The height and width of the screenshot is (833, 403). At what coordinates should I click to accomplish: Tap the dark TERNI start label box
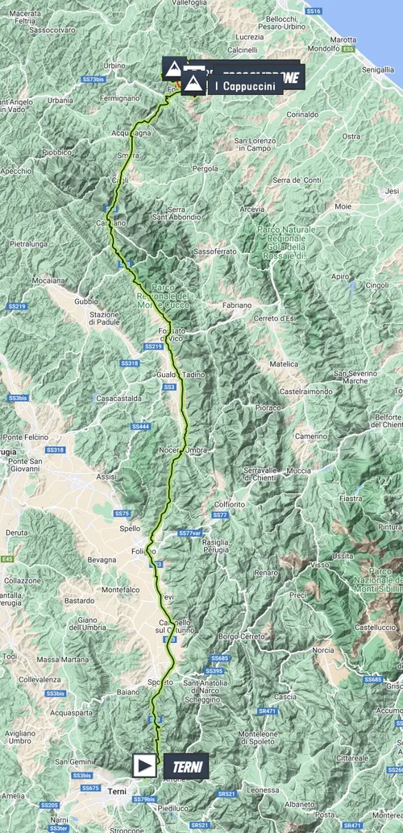point(185,766)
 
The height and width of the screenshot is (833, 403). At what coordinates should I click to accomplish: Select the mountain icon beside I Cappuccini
point(193,84)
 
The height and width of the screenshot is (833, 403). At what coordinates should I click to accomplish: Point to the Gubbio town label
point(85,301)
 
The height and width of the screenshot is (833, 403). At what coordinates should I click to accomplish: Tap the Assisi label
point(106,477)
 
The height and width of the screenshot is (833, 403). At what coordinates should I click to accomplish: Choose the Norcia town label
point(323,649)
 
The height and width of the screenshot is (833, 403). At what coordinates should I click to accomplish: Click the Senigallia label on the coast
point(378,71)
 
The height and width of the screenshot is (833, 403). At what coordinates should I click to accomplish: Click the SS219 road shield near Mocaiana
point(18,306)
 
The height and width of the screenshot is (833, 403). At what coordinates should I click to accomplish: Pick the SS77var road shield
point(189,533)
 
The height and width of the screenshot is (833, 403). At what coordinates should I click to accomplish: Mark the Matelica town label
point(283,364)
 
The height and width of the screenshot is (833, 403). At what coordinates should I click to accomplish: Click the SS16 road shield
point(314,10)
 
